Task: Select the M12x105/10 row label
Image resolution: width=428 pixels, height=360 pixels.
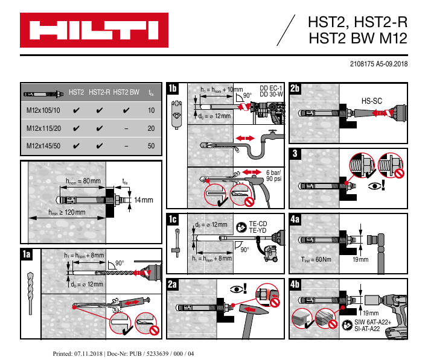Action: point(43,110)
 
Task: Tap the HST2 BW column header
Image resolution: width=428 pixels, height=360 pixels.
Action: point(126,93)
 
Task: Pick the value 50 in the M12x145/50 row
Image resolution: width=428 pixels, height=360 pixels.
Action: point(152,145)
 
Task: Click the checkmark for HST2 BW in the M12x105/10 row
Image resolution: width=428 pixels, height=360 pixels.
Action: point(126,111)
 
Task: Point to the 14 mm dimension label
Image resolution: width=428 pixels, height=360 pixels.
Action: point(144,200)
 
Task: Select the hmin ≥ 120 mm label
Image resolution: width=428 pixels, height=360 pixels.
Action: point(66,212)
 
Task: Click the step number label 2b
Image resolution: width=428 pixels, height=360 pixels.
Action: point(295,89)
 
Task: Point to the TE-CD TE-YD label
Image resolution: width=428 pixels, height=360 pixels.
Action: point(258,227)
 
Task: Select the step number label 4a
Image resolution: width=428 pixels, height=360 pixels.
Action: point(295,219)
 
